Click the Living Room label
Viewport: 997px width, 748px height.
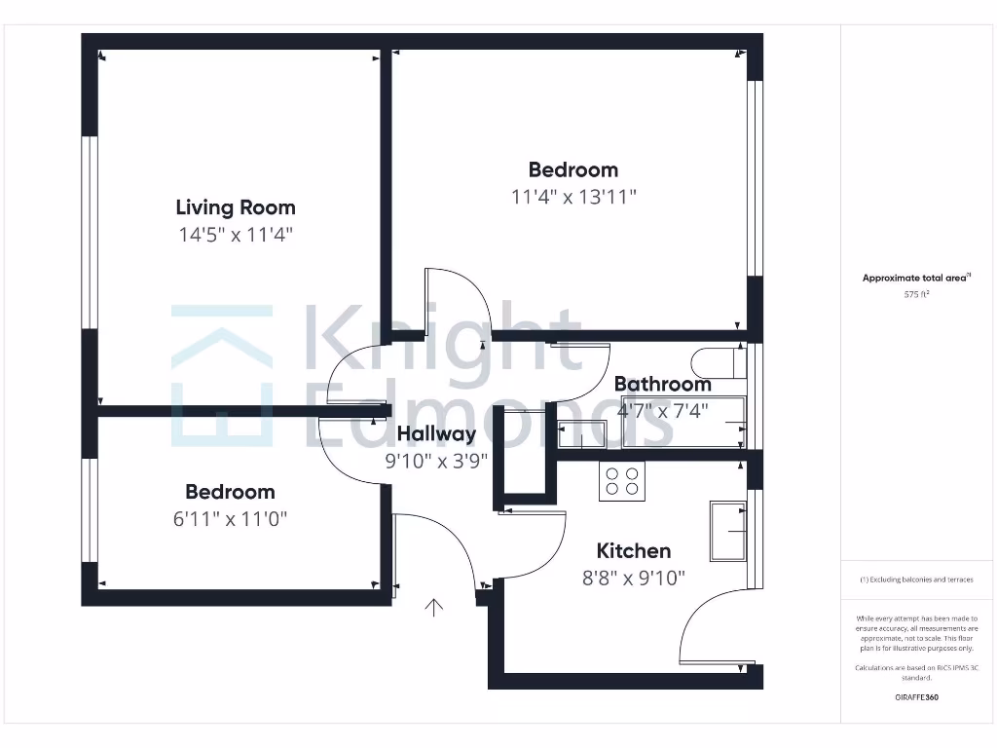(x=236, y=207)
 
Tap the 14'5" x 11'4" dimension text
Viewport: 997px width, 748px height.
(x=235, y=235)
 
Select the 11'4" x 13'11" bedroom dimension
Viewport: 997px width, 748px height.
(x=573, y=197)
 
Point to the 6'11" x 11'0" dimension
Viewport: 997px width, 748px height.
(x=231, y=519)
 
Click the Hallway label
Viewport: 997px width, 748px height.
(x=436, y=434)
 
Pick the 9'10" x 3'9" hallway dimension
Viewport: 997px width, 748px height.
(x=436, y=461)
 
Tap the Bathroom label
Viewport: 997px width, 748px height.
(x=662, y=385)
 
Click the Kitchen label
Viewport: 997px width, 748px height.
(x=633, y=551)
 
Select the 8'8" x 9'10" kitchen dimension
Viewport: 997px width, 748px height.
(x=633, y=578)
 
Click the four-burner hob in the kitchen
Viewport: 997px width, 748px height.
(x=622, y=481)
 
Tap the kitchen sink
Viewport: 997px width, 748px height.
(x=728, y=531)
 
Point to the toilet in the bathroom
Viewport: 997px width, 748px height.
(x=721, y=362)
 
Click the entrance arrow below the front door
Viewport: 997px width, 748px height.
(x=433, y=609)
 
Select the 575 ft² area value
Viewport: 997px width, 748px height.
(x=916, y=293)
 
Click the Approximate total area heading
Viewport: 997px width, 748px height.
(x=915, y=279)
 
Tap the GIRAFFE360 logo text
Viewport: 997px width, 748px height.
(x=916, y=697)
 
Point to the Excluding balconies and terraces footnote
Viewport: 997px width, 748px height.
(x=916, y=580)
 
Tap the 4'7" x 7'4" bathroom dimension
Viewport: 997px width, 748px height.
(x=662, y=411)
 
